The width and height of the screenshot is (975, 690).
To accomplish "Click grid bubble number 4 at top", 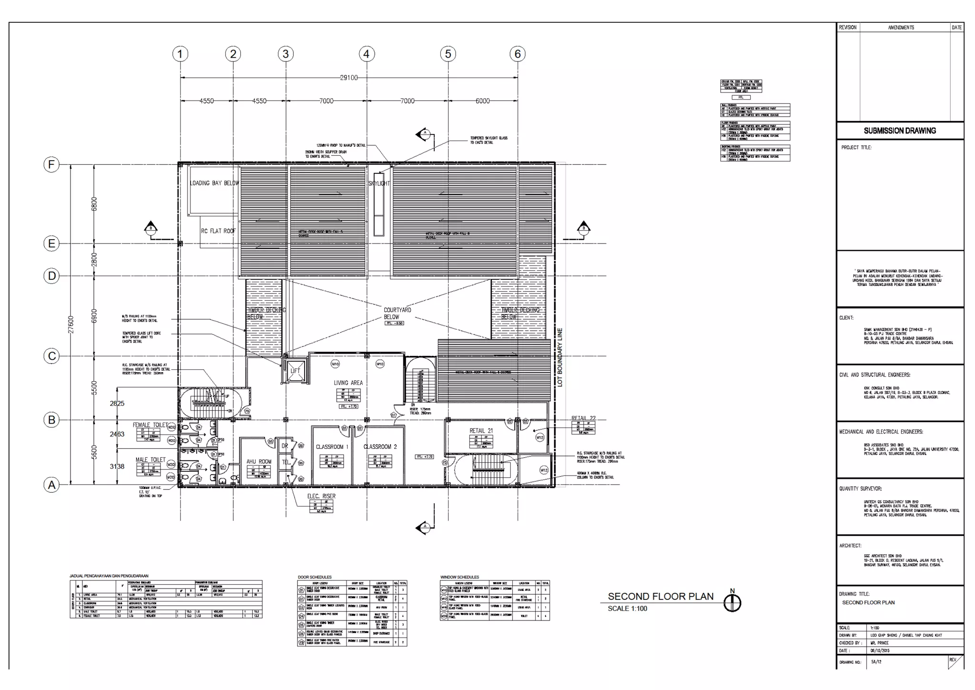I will tap(366, 54).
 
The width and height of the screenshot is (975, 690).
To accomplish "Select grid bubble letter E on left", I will tap(51, 244).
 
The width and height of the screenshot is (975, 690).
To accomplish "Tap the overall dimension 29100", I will tap(348, 78).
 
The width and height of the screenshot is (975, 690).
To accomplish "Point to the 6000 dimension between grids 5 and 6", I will tap(482, 101).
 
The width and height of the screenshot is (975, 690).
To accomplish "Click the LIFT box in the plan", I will tap(295, 371).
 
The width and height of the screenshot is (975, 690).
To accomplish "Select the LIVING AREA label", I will tap(348, 383).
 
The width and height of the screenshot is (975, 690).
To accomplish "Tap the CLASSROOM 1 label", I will tap(332, 446).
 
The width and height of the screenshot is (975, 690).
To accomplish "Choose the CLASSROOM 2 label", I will tap(380, 446).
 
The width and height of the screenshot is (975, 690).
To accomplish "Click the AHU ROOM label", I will tap(259, 461).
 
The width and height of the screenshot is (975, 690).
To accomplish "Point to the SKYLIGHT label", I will tap(379, 183).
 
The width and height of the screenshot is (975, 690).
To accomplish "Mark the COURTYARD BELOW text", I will tap(397, 313).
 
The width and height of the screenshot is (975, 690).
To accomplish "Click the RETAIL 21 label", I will tap(481, 430).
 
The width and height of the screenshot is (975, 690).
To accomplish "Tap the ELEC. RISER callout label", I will tap(321, 496).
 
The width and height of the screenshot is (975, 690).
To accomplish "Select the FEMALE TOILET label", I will tap(150, 425).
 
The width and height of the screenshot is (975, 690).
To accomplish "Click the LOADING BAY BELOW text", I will tap(214, 183).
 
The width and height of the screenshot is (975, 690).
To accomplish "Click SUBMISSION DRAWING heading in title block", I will tap(900, 131).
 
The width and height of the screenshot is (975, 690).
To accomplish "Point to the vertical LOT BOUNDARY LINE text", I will tap(560, 357).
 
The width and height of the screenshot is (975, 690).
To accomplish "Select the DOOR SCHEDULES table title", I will tap(315, 577).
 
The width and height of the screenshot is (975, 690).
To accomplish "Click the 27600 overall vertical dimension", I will tap(71, 324).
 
